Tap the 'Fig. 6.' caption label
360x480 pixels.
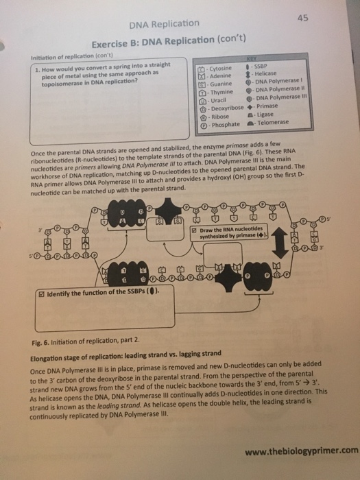pyautogui.click(x=43, y=340)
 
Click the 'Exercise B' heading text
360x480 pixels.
pyautogui.click(x=116, y=41)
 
